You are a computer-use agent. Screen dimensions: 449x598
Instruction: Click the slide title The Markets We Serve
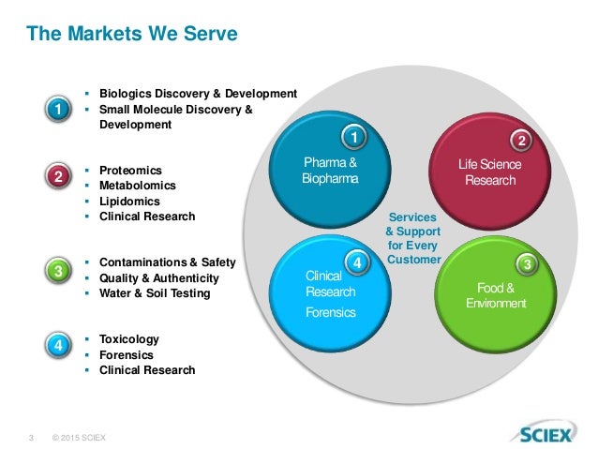point(131,35)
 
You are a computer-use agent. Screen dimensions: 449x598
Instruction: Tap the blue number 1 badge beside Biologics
point(58,111)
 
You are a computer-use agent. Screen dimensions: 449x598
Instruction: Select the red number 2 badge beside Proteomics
point(58,176)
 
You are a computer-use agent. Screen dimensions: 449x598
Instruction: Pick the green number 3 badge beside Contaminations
point(58,272)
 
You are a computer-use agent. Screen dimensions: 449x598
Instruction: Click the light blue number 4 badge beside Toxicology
point(58,346)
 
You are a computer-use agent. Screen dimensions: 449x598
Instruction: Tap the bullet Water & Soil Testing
point(155,293)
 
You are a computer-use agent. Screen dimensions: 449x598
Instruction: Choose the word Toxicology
point(129,339)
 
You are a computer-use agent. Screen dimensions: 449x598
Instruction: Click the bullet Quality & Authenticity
point(158,278)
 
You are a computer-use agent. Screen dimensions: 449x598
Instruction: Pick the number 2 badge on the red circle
point(523,141)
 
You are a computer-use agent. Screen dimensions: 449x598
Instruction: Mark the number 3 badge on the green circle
point(528,266)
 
